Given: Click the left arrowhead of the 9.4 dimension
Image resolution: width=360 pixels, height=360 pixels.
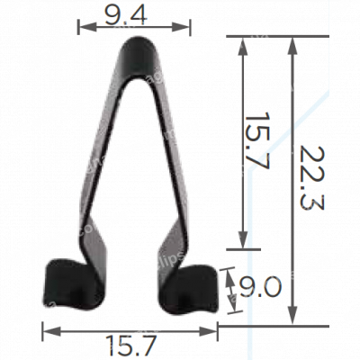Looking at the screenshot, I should coord(82,27).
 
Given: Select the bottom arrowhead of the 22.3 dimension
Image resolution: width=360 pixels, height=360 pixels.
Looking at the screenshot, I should coord(291,319).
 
